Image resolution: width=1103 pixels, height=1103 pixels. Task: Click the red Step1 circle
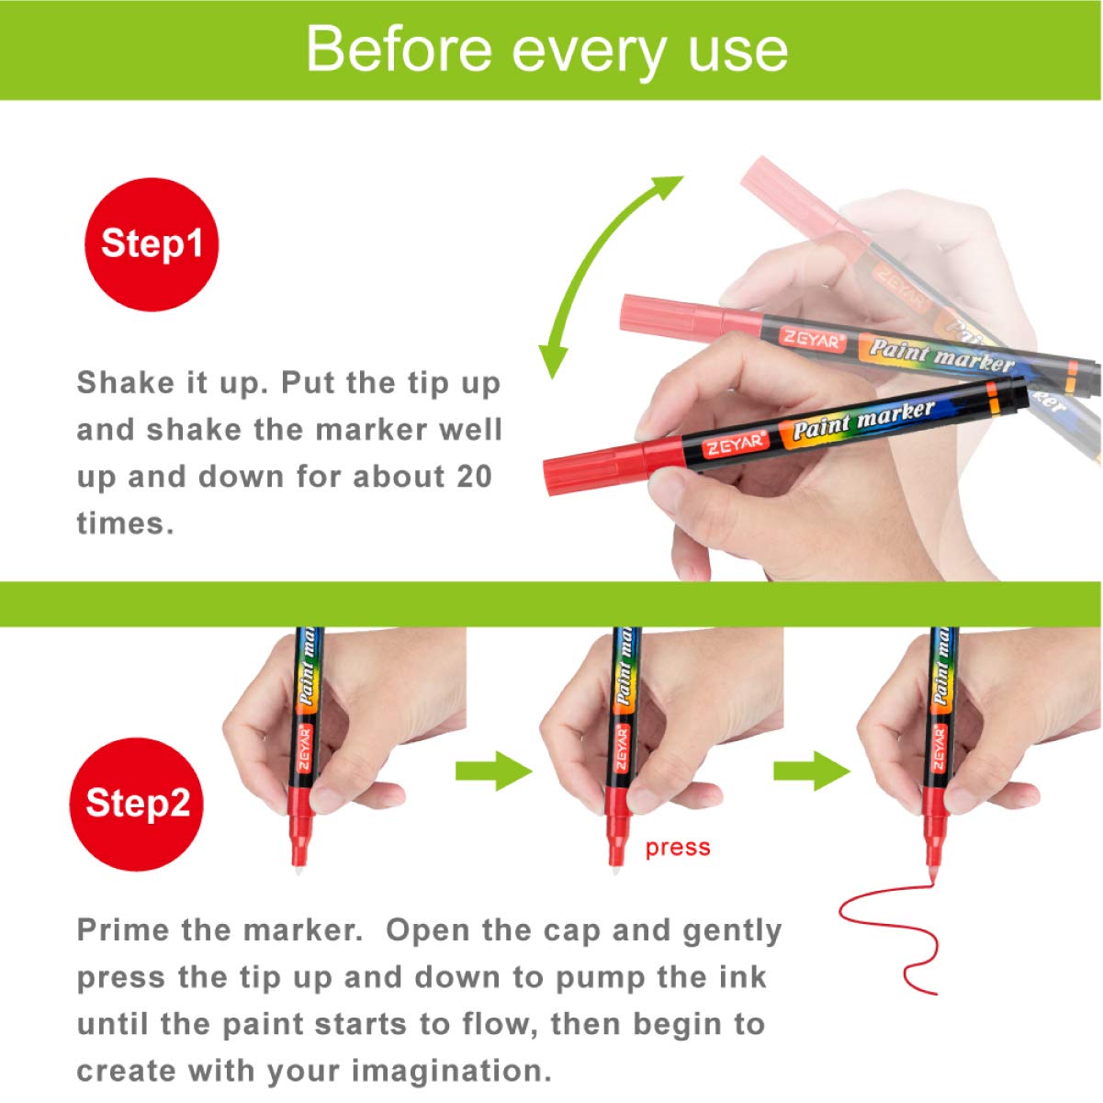click(152, 244)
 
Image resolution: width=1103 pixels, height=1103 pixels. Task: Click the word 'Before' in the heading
click(400, 50)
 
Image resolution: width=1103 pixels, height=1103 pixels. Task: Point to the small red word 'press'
click(678, 848)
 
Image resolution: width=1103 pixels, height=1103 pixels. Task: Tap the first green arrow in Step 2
click(494, 771)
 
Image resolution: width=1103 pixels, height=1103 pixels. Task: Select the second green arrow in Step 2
click(812, 771)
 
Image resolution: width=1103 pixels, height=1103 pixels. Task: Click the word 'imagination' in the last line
click(451, 1070)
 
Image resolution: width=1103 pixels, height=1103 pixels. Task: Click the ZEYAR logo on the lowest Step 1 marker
click(735, 444)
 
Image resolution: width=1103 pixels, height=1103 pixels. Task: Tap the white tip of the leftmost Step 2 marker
click(298, 870)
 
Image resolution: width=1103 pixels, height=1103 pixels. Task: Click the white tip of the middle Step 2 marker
click(615, 870)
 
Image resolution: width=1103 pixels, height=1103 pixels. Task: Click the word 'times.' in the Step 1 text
click(125, 523)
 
